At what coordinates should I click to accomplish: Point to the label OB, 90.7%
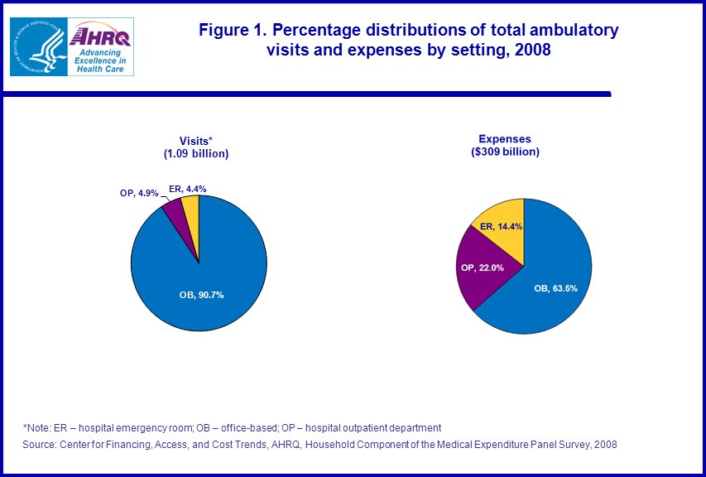(x=201, y=294)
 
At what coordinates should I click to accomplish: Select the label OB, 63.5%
(x=554, y=287)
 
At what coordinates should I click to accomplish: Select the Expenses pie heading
(x=505, y=139)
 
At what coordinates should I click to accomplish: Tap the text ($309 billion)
(x=505, y=152)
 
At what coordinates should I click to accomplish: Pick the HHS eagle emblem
(x=37, y=46)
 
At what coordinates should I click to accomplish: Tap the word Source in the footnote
(x=40, y=445)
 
